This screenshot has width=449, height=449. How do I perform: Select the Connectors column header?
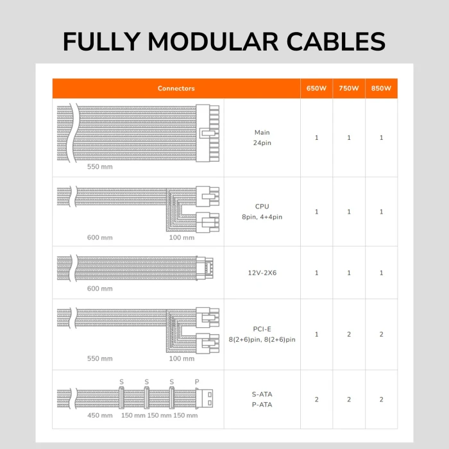pyautogui.click(x=176, y=89)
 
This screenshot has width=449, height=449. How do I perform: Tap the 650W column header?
pyautogui.click(x=316, y=89)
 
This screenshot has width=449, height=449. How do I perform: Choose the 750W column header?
pyautogui.click(x=349, y=89)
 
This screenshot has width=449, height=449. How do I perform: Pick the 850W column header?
pyautogui.click(x=381, y=89)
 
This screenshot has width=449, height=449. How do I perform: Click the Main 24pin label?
pyautogui.click(x=262, y=137)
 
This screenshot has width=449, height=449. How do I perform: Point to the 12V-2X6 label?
pyautogui.click(x=262, y=273)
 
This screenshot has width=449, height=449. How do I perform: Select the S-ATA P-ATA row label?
pyautogui.click(x=262, y=399)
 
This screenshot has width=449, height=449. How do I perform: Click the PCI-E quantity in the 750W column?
pyautogui.click(x=349, y=334)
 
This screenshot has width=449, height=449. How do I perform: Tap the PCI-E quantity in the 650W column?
pyautogui.click(x=316, y=334)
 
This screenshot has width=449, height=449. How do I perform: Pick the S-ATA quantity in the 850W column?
pyautogui.click(x=381, y=399)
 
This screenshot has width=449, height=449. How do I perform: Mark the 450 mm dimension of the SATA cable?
pyautogui.click(x=99, y=416)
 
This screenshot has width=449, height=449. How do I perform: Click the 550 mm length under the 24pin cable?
pyautogui.click(x=99, y=166)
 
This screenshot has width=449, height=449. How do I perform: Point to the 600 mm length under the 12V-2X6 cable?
pyautogui.click(x=99, y=289)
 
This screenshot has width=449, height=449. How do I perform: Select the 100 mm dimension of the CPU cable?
pyautogui.click(x=181, y=237)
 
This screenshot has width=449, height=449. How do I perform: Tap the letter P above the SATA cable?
pyautogui.click(x=197, y=382)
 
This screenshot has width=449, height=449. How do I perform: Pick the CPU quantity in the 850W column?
pyautogui.click(x=381, y=212)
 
